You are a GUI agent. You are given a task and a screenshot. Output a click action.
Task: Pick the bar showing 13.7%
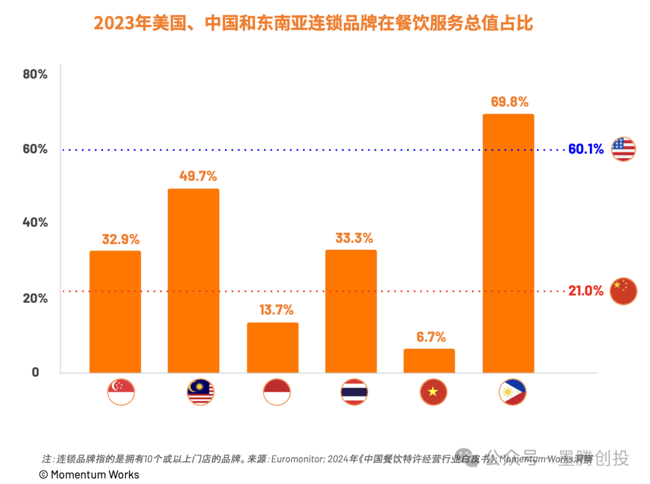coord(272,348)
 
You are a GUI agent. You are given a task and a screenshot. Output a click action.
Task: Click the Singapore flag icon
coord(121,392)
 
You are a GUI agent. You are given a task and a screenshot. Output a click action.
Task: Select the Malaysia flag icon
coord(200,392)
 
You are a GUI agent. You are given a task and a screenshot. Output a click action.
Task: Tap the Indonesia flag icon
coord(277,392)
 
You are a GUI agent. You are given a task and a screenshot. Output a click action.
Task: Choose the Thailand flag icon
coord(354,392)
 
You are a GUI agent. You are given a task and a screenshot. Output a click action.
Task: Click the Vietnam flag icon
coord(433,392)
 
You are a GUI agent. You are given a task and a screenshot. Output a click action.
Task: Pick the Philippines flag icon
coord(513,392)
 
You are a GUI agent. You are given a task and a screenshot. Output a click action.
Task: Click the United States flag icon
coord(624,149)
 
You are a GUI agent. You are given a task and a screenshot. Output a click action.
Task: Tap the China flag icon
coord(624,291)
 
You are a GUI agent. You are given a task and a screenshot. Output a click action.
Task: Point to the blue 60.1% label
coord(586,149)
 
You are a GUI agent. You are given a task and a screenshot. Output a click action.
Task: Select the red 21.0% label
coord(586,291)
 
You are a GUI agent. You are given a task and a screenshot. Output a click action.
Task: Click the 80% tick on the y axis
coord(35,74)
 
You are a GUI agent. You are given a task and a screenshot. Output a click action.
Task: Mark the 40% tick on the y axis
coord(35,222)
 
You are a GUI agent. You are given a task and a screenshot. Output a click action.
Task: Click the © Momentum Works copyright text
coord(89,475)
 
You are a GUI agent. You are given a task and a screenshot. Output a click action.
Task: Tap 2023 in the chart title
coord(110,24)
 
